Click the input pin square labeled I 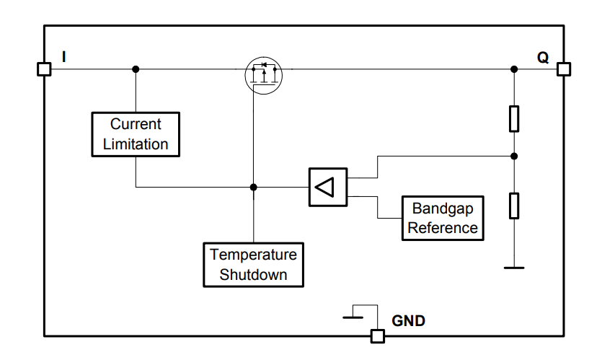click(44, 69)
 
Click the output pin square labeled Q click(564, 69)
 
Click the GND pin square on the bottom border click(376, 335)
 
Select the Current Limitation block click(136, 134)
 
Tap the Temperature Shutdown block click(253, 264)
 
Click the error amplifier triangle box click(327, 188)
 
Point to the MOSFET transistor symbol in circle click(263, 72)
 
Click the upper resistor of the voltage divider click(514, 118)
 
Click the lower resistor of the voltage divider click(514, 205)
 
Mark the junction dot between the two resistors click(514, 156)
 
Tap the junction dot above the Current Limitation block click(136, 69)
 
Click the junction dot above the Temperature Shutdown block click(253, 188)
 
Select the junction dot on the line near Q click(514, 69)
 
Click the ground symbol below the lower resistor click(514, 268)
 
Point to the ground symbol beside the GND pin click(354, 316)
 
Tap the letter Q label click(542, 57)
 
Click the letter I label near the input click(64, 56)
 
